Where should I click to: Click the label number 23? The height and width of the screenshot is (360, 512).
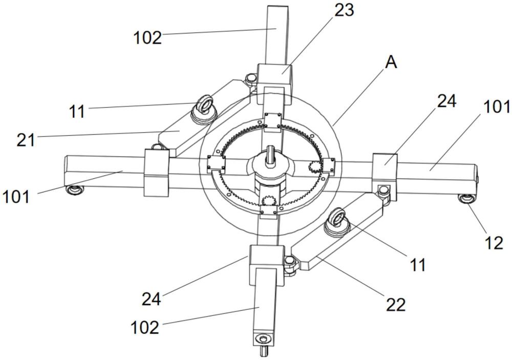coord(344,10)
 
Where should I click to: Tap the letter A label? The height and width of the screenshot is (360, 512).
coord(391,62)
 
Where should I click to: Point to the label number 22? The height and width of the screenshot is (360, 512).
coord(396,305)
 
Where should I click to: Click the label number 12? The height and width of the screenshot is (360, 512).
coord(494,243)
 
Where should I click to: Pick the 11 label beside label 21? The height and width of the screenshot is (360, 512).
coord(77,112)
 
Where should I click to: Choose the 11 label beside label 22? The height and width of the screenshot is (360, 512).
coord(418,265)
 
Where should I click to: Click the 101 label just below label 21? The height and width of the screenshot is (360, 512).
coord(16,197)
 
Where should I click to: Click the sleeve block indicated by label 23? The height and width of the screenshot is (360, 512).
coord(274,83)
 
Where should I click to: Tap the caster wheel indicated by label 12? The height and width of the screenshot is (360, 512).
coord(467,198)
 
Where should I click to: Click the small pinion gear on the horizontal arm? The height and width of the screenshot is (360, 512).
coord(315,167)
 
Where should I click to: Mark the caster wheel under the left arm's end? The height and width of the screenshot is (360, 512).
coord(74,190)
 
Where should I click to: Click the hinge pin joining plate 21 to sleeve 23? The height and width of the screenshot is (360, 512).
coord(251,79)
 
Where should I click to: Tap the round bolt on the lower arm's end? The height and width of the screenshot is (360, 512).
coord(262,338)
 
